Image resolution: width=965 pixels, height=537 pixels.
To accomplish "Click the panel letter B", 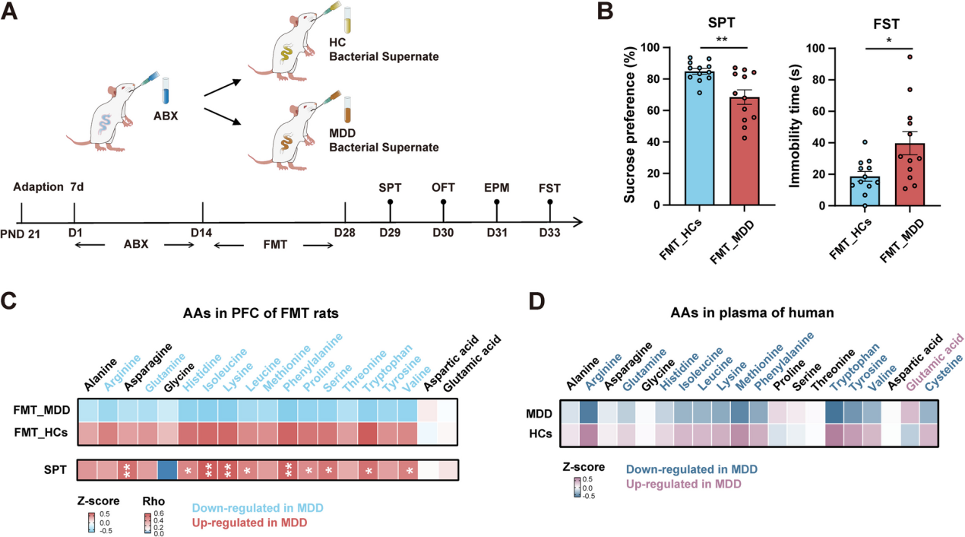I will [606, 14].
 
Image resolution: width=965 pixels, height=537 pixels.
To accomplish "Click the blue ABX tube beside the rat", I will [166, 97].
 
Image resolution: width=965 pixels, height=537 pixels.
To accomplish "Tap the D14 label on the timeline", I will [201, 232].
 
